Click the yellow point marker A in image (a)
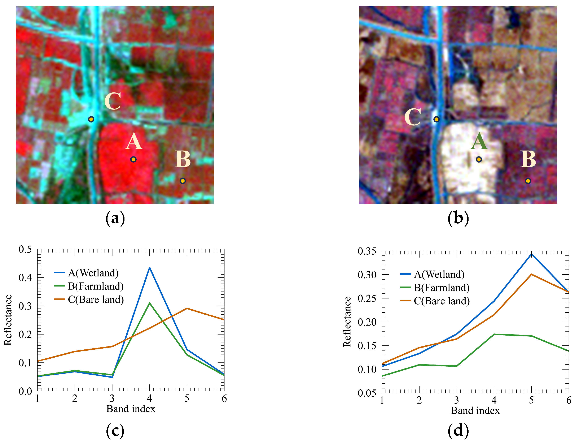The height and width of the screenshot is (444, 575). point(133,159)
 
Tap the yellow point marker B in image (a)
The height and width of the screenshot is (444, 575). point(183,181)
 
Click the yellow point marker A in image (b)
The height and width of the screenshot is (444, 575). point(479,159)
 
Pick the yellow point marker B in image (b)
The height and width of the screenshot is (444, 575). point(528,181)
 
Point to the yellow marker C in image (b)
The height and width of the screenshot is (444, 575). point(436,119)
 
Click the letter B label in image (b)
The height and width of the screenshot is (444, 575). point(528,159)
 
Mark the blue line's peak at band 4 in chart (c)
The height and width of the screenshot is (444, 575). point(150,268)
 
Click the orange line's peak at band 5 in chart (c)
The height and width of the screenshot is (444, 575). point(187,308)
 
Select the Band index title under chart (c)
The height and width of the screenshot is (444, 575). point(131,409)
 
